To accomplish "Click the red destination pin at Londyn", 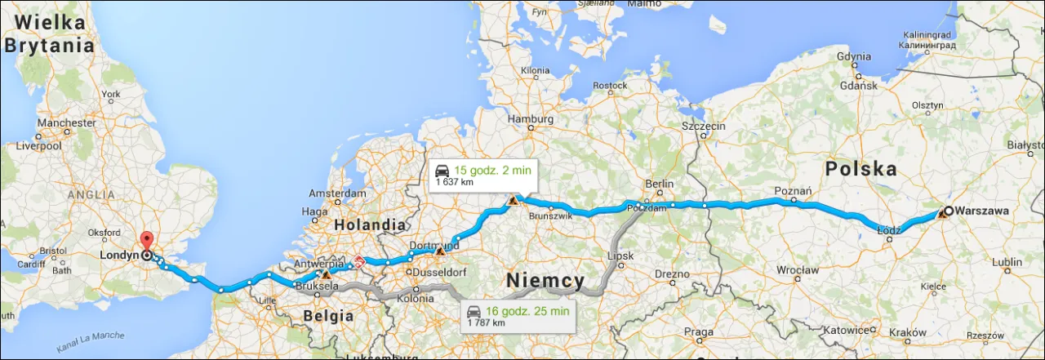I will (x=146, y=242).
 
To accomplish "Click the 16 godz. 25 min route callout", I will (x=517, y=316).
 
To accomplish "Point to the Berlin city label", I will (x=659, y=184).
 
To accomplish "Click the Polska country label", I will (x=860, y=169).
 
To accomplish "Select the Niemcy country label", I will (x=545, y=282).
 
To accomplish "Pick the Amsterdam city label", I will (x=336, y=193).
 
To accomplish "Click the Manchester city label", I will (x=66, y=122).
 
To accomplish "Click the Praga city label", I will (x=699, y=331).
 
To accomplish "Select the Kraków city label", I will (x=908, y=334).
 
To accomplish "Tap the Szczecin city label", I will (x=704, y=127).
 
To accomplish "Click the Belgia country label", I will (x=327, y=315).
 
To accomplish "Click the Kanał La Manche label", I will (x=90, y=342).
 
